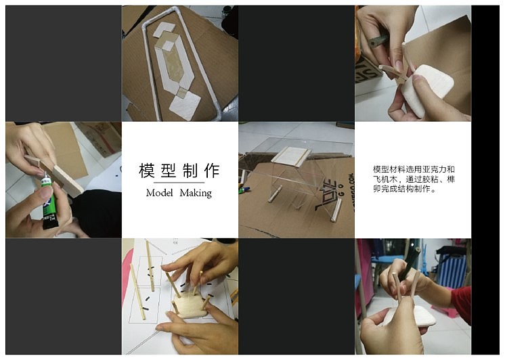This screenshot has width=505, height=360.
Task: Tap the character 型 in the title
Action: (169, 171)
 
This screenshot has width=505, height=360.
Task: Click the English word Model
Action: (159, 194)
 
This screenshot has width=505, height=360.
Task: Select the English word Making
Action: (196, 194)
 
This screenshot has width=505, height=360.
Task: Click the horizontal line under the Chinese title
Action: (179, 183)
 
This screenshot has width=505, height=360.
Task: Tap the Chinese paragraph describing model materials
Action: (413, 179)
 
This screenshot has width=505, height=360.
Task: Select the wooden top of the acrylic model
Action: (291, 155)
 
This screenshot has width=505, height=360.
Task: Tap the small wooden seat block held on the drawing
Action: (190, 309)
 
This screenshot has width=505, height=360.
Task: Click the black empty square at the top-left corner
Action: (63, 63)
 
